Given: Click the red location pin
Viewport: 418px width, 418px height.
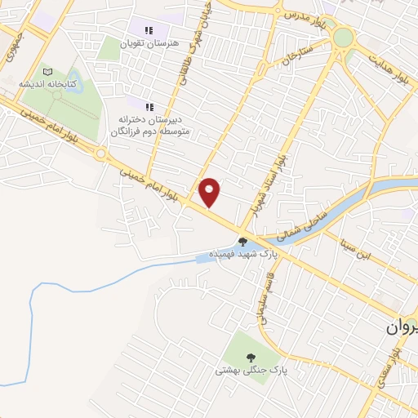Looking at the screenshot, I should [210, 191].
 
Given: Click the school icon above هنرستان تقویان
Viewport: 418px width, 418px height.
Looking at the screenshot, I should [149, 29].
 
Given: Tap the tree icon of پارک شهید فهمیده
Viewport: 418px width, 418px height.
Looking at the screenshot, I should [242, 241].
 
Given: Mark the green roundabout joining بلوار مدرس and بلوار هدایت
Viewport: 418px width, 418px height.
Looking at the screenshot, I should [343, 38].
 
